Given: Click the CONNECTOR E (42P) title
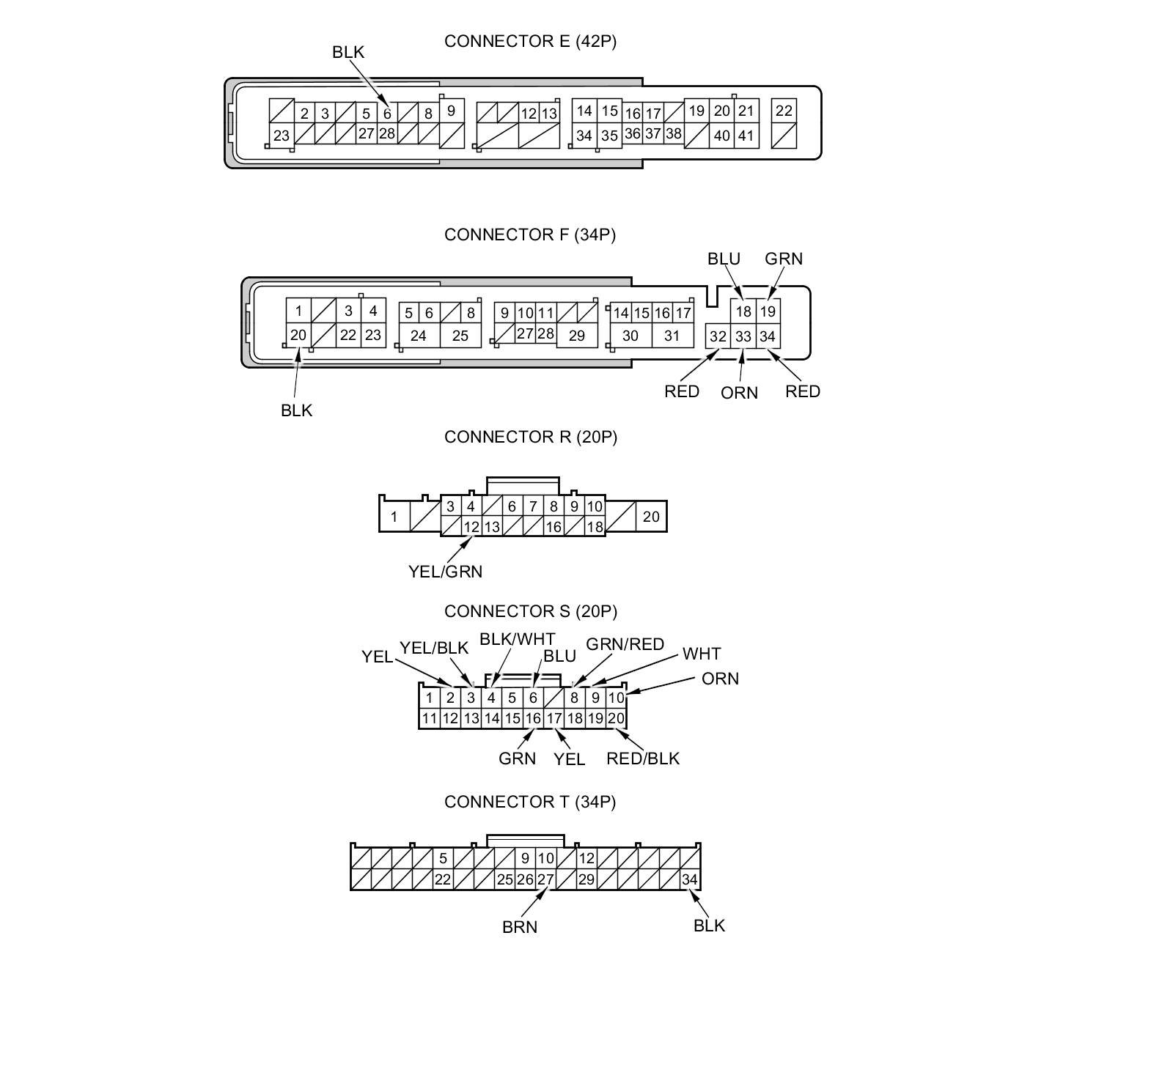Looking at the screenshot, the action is pos(530,41).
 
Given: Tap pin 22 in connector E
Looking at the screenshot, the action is pos(784,111).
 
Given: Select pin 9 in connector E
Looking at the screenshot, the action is pos(451,111).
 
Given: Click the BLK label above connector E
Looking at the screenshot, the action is pos(348,52).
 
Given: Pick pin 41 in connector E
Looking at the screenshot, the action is pos(746,136).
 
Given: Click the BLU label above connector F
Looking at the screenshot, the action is pos(724,259).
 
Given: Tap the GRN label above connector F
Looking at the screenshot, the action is pos(784,259).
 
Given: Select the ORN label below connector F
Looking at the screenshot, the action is pos(739,393).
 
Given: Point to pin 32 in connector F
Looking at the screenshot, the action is pos(718,336).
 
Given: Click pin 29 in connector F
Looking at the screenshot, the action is pos(577,336).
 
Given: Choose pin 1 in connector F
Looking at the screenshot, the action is pos(298,311).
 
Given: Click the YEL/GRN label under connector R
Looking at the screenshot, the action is pos(446,572).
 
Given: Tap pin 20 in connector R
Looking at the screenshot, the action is pos(651,517).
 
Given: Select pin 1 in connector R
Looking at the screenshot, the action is pos(394,517).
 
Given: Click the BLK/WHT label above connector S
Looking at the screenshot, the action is pos(518,639).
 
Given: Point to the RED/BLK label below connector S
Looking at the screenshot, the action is pos(643,758).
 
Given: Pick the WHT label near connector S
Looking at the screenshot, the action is pos(702,654).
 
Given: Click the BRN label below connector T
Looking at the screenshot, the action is pos(520,927).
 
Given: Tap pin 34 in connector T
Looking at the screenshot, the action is pos(690,879).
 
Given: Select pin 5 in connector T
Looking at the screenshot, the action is pos(443,858).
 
